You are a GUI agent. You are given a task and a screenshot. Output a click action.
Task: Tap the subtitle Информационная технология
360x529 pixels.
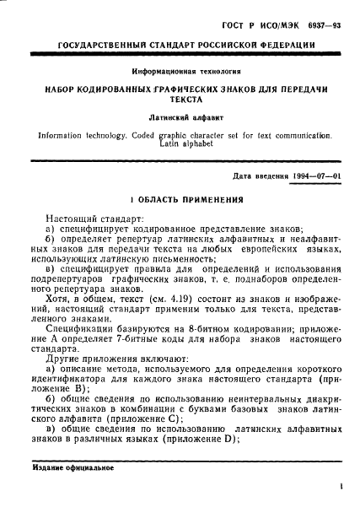[180, 73]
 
